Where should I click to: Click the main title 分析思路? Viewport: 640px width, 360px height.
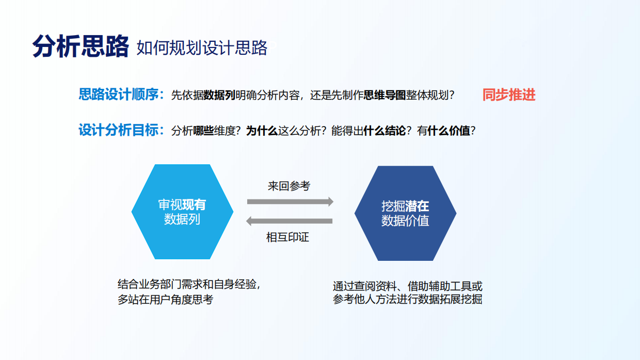click(80, 46)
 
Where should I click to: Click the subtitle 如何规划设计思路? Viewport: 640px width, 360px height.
click(202, 48)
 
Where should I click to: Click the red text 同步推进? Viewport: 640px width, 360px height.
click(509, 95)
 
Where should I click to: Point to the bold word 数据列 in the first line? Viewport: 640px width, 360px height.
click(219, 96)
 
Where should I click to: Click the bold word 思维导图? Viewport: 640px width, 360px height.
click(385, 96)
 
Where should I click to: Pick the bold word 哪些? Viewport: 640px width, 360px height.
click(203, 131)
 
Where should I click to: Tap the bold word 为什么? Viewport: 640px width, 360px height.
click(262, 131)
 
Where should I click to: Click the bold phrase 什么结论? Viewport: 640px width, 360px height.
click(384, 131)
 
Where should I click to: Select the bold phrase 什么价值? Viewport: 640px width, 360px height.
click(449, 131)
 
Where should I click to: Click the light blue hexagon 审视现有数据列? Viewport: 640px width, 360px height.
click(182, 212)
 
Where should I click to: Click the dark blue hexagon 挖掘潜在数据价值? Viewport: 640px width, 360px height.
click(405, 213)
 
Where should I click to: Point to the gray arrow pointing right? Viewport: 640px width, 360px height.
click(290, 201)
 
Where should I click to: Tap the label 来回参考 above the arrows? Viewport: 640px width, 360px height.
click(289, 186)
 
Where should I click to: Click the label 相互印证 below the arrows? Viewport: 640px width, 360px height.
click(287, 238)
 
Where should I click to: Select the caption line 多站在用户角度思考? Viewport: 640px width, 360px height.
click(165, 300)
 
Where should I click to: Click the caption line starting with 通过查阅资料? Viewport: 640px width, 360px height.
click(408, 286)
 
